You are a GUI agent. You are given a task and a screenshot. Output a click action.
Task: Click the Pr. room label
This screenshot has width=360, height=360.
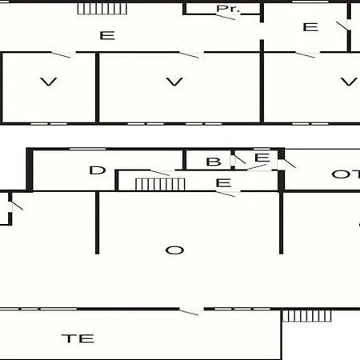pyautogui.click(x=228, y=9)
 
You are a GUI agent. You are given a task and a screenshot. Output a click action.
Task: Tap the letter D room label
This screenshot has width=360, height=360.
pyautogui.click(x=98, y=170)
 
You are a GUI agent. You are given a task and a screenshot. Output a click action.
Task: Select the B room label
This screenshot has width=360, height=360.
pyautogui.click(x=214, y=162)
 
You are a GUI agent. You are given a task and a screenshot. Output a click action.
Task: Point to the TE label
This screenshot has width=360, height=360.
pyautogui.click(x=78, y=338)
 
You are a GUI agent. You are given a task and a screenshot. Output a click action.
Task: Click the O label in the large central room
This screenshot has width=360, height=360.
pyautogui.click(x=174, y=250)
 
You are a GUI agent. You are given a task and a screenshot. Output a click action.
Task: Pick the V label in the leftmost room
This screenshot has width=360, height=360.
pyautogui.click(x=49, y=82)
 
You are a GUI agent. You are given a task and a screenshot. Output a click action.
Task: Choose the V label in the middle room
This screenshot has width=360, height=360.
pyautogui.click(x=174, y=82)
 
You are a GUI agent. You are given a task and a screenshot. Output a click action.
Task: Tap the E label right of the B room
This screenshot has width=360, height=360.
pyautogui.click(x=262, y=158)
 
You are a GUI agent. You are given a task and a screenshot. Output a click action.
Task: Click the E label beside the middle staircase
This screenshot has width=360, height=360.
pyautogui.click(x=223, y=183)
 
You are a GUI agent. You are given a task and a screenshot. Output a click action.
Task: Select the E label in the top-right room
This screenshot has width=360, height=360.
pyautogui.click(x=310, y=27)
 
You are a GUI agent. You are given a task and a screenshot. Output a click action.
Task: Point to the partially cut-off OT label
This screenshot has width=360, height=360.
pyautogui.click(x=346, y=174)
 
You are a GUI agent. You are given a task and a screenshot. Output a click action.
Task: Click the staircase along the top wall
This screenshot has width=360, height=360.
pyautogui.click(x=102, y=9)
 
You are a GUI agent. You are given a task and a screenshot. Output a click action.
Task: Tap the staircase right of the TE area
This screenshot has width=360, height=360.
pyautogui.click(x=306, y=316)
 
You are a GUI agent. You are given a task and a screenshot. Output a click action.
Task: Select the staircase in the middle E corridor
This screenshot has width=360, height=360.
pyautogui.click(x=160, y=184)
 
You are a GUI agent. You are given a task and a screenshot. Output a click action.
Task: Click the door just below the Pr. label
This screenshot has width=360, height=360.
pyautogui.click(x=226, y=17)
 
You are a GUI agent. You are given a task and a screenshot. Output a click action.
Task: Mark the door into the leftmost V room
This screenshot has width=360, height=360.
pyautogui.click(x=61, y=54)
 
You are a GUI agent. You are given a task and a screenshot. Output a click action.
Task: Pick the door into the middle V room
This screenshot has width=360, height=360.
pyautogui.click(x=189, y=54)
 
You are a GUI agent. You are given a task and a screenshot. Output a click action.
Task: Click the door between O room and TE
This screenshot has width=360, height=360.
pyautogui.click(x=189, y=312)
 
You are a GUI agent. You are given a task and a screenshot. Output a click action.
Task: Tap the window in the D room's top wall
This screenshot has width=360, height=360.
pyautogui.click(x=87, y=149)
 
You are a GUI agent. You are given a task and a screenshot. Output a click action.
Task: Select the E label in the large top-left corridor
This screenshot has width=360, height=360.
pyautogui.click(x=107, y=35)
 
